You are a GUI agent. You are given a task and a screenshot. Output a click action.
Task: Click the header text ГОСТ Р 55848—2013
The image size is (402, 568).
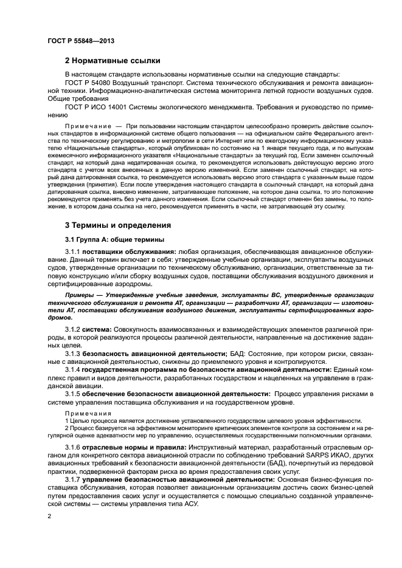tap(80, 40)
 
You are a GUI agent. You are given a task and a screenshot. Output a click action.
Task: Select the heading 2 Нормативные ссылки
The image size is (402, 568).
tap(113, 61)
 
